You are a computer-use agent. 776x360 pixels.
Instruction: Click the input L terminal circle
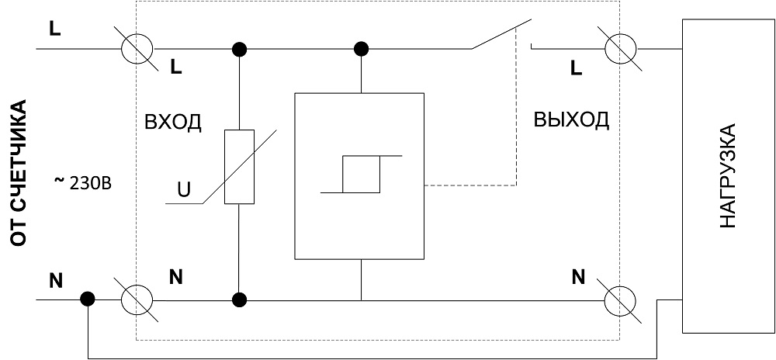tap(140, 50)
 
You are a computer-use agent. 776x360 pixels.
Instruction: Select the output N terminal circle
tap(622, 299)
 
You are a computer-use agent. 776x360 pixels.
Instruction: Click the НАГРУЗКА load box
tap(727, 175)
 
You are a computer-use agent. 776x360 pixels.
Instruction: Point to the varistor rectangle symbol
tap(239, 167)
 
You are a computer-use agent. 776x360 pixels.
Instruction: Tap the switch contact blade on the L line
tap(501, 36)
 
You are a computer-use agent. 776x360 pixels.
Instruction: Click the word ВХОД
tap(173, 123)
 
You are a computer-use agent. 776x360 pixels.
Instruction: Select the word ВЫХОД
tap(571, 120)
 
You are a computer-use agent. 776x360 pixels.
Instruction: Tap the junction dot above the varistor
tap(240, 50)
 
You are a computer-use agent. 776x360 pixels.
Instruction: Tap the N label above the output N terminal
tap(578, 276)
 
